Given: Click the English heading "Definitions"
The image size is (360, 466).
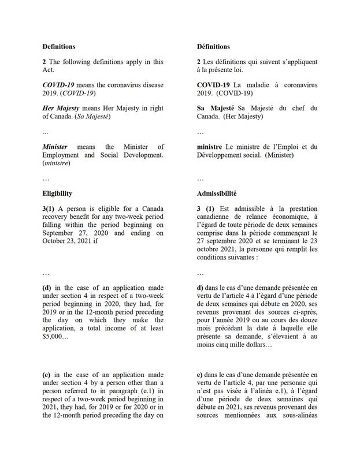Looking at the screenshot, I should (59, 46).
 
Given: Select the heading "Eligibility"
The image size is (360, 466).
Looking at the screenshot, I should (57, 193).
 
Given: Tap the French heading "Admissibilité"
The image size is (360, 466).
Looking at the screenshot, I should (216, 193).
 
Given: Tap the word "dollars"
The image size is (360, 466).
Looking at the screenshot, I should (259, 345).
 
